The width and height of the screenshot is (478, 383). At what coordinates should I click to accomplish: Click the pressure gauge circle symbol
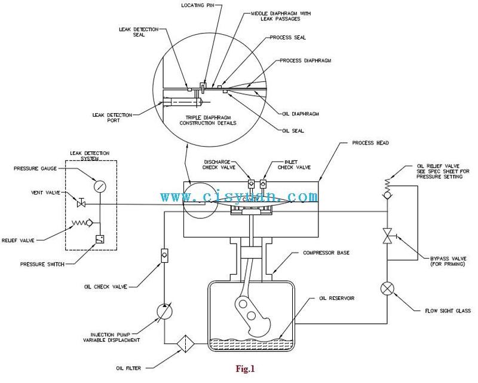(x=100, y=186)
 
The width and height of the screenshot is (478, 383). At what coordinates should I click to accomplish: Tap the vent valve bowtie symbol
(x=81, y=203)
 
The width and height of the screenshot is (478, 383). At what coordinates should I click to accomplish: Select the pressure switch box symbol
(x=100, y=239)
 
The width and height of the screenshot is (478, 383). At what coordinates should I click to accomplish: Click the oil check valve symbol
(x=164, y=255)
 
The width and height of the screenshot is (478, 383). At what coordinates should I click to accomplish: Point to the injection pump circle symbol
(x=164, y=312)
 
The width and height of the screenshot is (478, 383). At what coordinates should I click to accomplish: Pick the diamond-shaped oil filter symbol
(x=186, y=344)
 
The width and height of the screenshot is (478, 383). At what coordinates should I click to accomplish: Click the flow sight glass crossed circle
(x=387, y=288)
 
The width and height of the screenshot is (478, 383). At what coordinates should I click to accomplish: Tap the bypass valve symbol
(x=388, y=236)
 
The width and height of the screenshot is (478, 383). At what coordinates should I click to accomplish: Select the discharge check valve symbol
(x=251, y=184)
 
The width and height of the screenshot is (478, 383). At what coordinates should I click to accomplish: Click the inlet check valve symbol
(x=263, y=184)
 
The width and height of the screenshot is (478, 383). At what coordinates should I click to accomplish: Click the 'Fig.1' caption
(x=245, y=369)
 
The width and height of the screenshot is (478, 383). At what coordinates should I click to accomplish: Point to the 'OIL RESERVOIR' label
(x=337, y=298)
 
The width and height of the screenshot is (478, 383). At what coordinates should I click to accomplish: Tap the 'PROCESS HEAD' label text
(x=370, y=143)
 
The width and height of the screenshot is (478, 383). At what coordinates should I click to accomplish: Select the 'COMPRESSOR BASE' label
(x=326, y=253)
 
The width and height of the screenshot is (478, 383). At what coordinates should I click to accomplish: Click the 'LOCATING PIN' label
(x=198, y=5)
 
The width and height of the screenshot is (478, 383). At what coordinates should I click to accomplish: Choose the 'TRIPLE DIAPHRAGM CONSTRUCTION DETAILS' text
(x=208, y=120)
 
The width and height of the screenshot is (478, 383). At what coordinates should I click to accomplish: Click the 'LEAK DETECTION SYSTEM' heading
(x=90, y=156)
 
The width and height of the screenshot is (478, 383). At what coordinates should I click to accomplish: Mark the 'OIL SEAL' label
(x=293, y=130)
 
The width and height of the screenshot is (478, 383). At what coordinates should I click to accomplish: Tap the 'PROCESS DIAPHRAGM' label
(x=305, y=60)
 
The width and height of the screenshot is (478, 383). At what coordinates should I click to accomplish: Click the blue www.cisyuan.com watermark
(x=239, y=196)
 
